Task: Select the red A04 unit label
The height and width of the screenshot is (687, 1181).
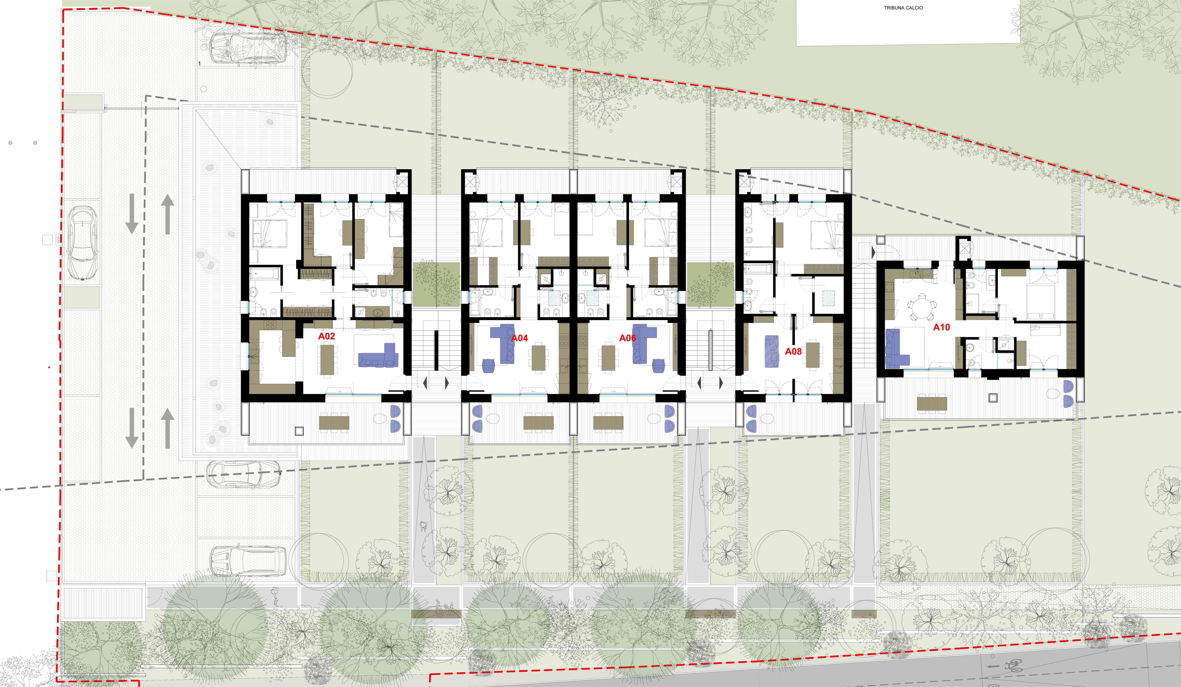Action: [x=519, y=338]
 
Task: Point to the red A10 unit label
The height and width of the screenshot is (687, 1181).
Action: [x=942, y=327]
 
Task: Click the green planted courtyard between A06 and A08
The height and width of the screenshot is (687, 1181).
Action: [x=710, y=284]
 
